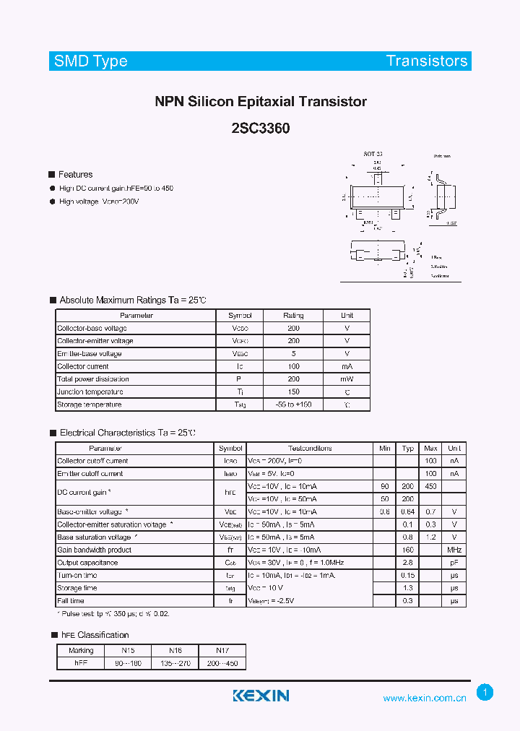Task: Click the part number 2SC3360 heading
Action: pos(261,129)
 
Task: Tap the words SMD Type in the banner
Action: pos(90,61)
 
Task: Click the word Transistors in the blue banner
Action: pos(427,61)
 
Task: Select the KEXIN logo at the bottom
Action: pos(261,696)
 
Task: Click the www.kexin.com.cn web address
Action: pos(425,698)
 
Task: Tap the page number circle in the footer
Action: pos(485,692)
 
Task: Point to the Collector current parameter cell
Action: pos(82,366)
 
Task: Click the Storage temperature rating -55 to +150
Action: pos(293,405)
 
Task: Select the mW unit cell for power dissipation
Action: pos(347,379)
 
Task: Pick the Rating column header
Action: pos(293,316)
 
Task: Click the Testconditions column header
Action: pos(310,448)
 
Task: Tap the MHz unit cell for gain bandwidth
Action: pos(454,550)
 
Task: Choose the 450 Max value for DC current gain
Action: pos(430,486)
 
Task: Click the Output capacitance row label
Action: pos(87,563)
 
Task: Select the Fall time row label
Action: pos(71,601)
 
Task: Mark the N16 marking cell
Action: pos(175,650)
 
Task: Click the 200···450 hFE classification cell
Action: pos(222,663)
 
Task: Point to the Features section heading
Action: pos(75,174)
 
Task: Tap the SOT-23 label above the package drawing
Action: pos(373,155)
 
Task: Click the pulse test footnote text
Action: pos(113,613)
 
